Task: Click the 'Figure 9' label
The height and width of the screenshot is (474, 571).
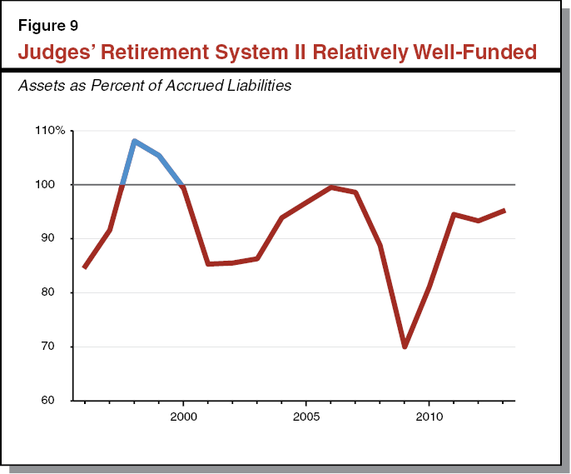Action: (47, 22)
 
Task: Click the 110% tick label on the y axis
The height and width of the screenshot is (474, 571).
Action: (50, 131)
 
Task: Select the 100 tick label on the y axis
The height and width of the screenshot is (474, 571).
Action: (53, 185)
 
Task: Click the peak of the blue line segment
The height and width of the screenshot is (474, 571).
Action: (134, 141)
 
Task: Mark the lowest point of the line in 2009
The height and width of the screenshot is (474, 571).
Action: (405, 347)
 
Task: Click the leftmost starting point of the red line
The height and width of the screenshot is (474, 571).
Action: (85, 267)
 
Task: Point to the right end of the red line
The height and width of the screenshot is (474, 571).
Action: (504, 211)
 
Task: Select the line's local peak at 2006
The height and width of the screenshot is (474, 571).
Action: (330, 187)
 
